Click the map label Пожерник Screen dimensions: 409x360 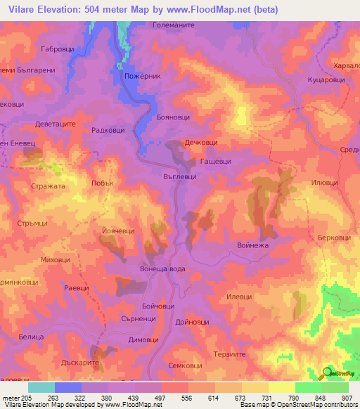coord(143,76)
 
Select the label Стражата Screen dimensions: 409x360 coord(49,187)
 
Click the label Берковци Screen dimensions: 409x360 coord(334,238)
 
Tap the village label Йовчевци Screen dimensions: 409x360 coord(118,231)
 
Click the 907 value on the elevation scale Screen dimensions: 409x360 coord(347,397)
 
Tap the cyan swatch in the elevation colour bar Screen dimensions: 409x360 coord(41,387)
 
